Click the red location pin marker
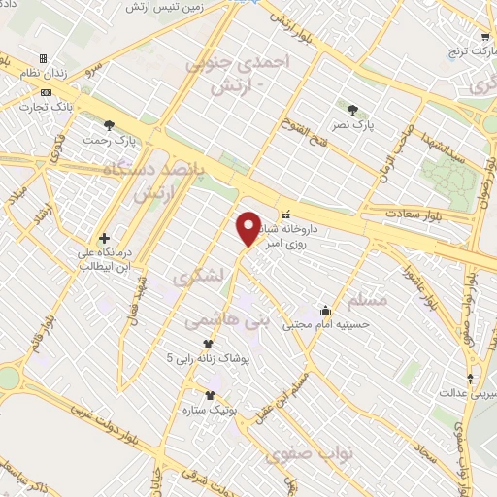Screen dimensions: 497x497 click(248, 227)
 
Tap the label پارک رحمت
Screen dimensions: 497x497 click(109, 139)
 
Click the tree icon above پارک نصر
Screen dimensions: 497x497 click(351, 109)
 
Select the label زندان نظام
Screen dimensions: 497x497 click(43, 74)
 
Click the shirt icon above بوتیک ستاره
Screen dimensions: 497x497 click(209, 394)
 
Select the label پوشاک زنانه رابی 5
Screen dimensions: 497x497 click(209, 358)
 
